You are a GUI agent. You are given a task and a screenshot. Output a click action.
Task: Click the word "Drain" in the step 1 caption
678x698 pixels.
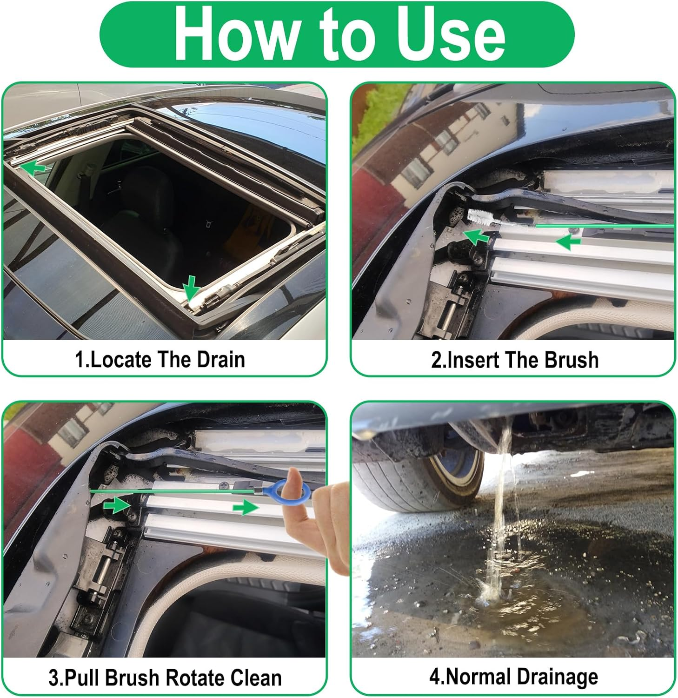pos(220,360)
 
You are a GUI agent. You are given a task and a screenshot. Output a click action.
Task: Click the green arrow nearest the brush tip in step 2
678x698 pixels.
pos(477,237)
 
